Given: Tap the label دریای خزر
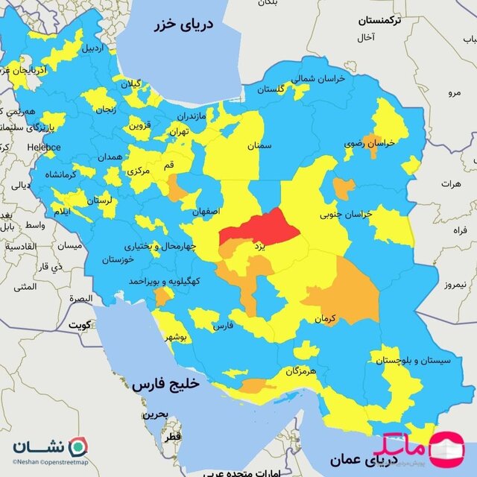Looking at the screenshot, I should (x=183, y=25).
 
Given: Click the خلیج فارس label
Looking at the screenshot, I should (x=166, y=385).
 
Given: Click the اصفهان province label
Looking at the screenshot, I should (x=206, y=212).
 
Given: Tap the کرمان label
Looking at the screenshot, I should (x=326, y=318).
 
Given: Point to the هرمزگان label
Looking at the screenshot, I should (x=301, y=370).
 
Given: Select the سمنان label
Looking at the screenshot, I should (x=261, y=146).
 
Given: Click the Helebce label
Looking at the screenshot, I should (x=45, y=147).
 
